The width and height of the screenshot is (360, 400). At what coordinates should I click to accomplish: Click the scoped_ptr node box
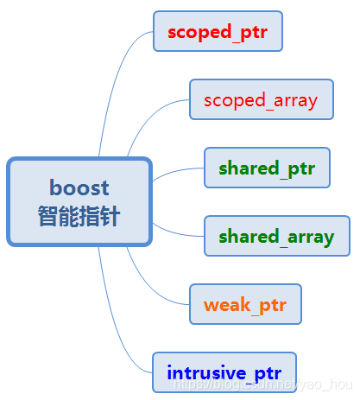(218, 32)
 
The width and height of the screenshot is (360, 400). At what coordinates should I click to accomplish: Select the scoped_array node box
(260, 99)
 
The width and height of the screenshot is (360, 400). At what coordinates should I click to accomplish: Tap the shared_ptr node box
(267, 167)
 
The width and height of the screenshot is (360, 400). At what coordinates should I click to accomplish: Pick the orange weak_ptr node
(245, 304)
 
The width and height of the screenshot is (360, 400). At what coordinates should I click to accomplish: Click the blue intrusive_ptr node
(224, 373)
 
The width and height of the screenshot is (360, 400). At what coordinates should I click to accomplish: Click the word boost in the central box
(79, 187)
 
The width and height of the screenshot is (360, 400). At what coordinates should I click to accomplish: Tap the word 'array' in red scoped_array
(294, 100)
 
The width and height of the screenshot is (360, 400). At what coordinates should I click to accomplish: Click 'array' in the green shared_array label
(310, 236)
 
